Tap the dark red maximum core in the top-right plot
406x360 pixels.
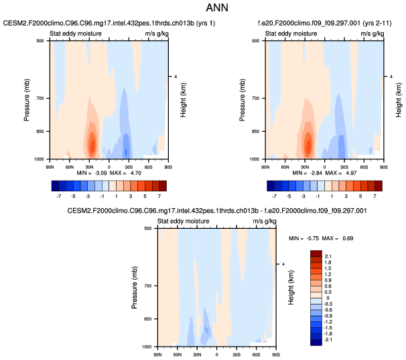tap(308, 143)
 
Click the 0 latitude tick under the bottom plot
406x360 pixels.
tap(216, 353)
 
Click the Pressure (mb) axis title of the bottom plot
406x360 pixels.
tap(135, 287)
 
